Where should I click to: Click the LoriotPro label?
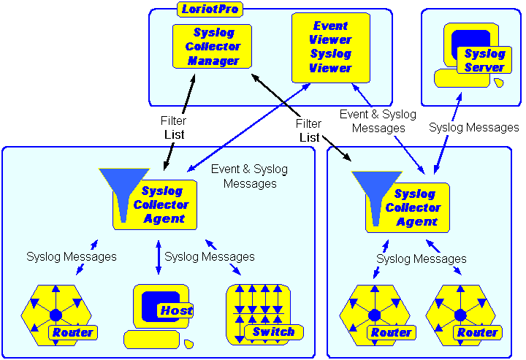(x=210, y=9)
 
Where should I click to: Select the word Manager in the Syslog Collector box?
(x=213, y=61)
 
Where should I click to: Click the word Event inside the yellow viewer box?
(x=330, y=26)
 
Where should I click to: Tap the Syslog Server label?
(x=484, y=61)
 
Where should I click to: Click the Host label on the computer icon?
(x=176, y=311)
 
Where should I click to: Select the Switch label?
(x=272, y=332)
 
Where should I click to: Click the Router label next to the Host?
(x=72, y=333)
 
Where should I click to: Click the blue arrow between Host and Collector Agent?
(x=159, y=257)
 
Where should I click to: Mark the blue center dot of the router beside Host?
(x=56, y=315)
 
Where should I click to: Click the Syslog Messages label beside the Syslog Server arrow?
(x=473, y=128)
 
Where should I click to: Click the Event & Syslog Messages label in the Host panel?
(x=249, y=177)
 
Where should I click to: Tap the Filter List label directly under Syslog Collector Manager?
(x=173, y=128)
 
